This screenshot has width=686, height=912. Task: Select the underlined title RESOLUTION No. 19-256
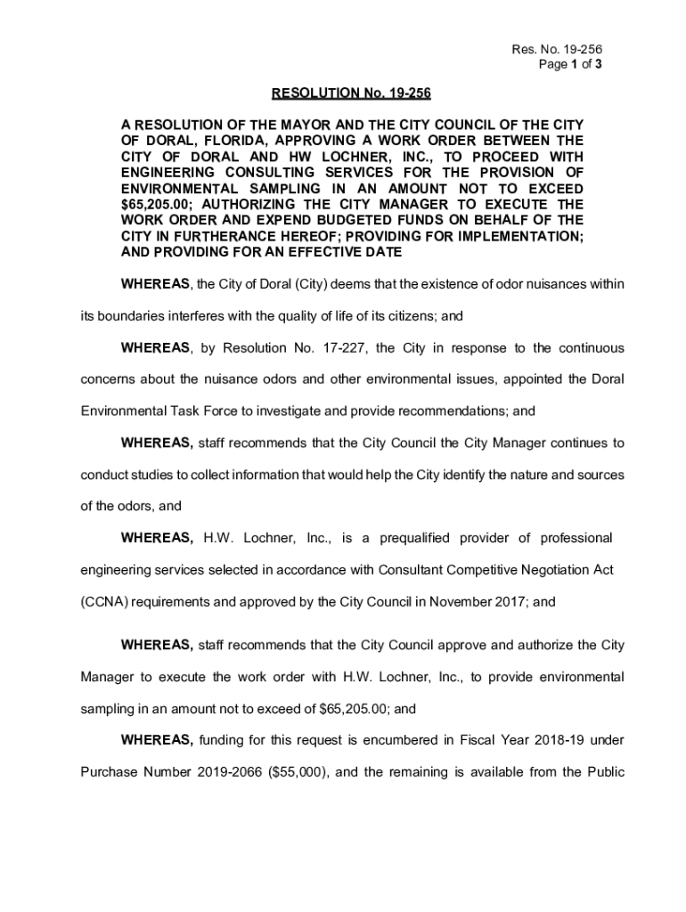click(x=344, y=94)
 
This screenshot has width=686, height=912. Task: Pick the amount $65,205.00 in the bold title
click(x=154, y=205)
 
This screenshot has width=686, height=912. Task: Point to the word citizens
click(x=407, y=315)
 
